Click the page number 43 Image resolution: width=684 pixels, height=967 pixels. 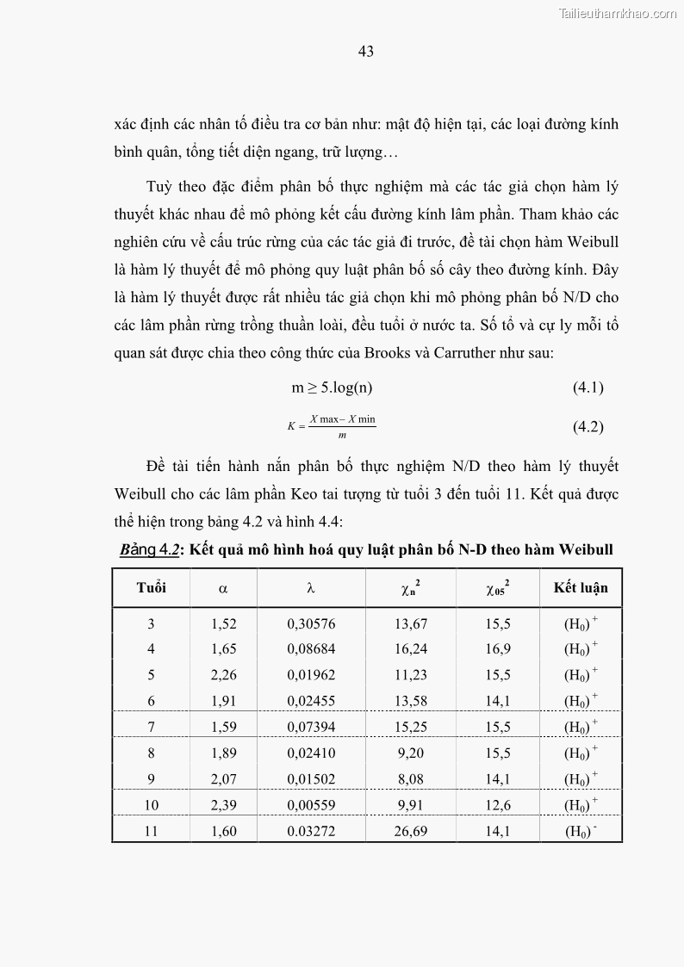tap(365, 52)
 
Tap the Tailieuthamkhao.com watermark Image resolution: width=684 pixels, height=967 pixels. tap(618, 13)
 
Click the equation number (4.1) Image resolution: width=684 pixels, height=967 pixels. tap(588, 387)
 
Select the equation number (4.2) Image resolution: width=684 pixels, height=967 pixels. tap(588, 426)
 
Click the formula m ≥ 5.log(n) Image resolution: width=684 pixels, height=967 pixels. tap(332, 387)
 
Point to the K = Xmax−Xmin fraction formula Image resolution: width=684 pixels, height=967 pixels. tap(332, 426)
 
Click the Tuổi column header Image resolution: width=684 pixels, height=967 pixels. tap(151, 588)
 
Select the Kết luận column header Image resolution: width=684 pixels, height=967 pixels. tap(581, 588)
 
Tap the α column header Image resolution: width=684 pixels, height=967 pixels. tap(223, 589)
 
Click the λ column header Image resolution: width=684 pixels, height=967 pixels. tap(311, 589)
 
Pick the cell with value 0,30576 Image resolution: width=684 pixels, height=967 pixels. tap(311, 624)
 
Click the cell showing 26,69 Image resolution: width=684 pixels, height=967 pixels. tap(410, 832)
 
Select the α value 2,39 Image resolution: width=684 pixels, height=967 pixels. tap(223, 806)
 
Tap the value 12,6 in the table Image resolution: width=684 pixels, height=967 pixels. tap(497, 806)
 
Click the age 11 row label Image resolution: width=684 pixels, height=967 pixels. tap(151, 832)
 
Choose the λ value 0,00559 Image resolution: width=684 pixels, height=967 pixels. tap(311, 806)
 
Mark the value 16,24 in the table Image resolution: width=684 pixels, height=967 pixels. tap(410, 649)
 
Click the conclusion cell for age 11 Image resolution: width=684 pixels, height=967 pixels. tap(581, 832)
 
